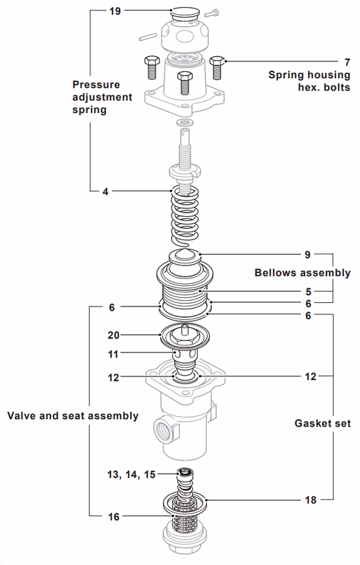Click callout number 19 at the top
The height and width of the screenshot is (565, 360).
point(115,12)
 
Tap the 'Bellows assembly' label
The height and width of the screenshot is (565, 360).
point(302,273)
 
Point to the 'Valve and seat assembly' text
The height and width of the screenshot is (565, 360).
point(73,415)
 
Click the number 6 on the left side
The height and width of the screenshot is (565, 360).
point(112,307)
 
